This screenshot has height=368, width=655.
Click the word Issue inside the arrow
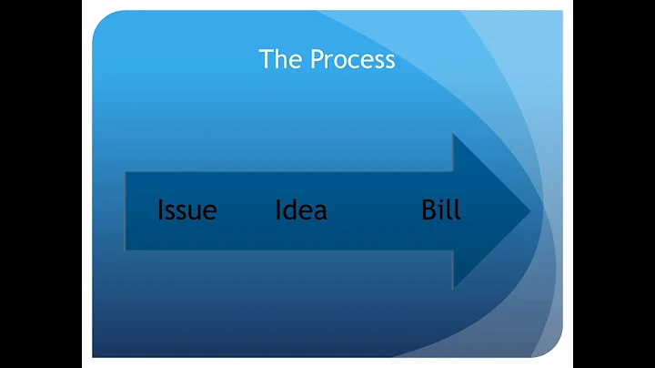pyautogui.click(x=187, y=210)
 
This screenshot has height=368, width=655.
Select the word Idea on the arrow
pyautogui.click(x=301, y=210)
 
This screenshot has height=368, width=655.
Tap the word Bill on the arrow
pyautogui.click(x=441, y=210)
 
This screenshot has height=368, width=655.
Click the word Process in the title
pyautogui.click(x=353, y=60)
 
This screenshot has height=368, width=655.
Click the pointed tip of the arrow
pyautogui.click(x=529, y=211)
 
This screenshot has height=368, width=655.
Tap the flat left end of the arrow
pyautogui.click(x=126, y=210)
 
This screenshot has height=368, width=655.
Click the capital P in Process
pyautogui.click(x=317, y=59)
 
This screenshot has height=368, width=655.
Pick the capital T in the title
pyautogui.click(x=267, y=59)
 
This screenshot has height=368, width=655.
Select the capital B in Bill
pyautogui.click(x=429, y=210)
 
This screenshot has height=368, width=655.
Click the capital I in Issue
pyautogui.click(x=161, y=210)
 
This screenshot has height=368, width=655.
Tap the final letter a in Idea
pyautogui.click(x=319, y=213)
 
